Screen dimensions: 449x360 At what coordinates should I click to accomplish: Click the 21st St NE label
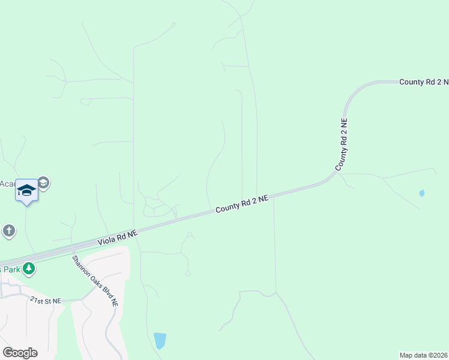(x=46, y=300)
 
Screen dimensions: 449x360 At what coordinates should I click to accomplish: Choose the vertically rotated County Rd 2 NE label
(x=342, y=144)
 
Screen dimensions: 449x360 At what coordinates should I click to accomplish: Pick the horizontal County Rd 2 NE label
(x=424, y=82)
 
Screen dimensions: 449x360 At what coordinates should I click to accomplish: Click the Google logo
(x=20, y=353)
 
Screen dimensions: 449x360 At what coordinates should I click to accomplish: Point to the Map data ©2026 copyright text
(x=424, y=355)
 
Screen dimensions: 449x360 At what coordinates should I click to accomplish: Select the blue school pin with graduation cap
(x=26, y=190)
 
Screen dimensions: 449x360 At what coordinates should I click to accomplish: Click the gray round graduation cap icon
(x=43, y=182)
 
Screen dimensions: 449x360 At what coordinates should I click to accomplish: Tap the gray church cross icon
(x=8, y=231)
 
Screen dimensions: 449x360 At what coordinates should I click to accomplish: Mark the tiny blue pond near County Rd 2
(x=421, y=193)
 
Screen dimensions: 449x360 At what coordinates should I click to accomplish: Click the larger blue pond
(x=160, y=340)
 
